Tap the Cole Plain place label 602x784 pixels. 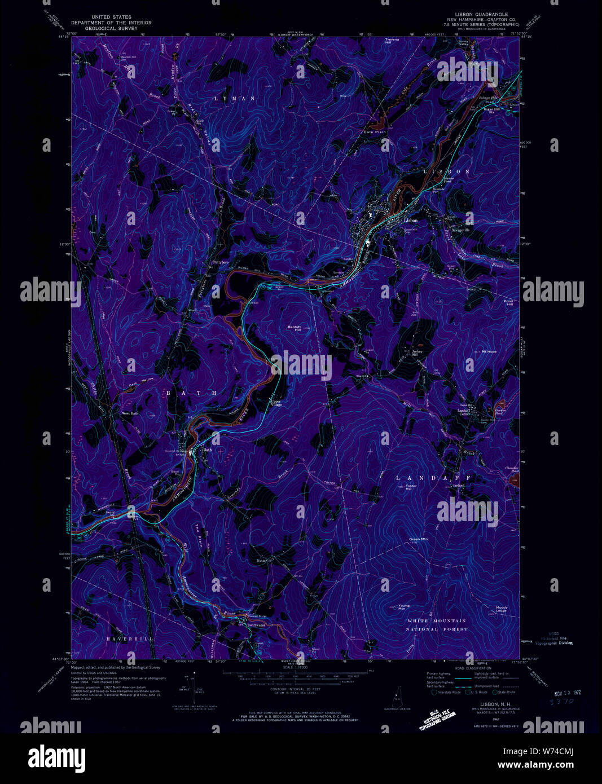(375, 132)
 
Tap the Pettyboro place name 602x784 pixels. (220, 262)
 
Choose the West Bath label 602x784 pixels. (130, 413)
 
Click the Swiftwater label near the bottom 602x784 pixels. (256, 625)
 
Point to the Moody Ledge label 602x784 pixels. (502, 609)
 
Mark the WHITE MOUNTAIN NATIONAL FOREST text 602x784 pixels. (438, 624)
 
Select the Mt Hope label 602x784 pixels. (489, 351)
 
